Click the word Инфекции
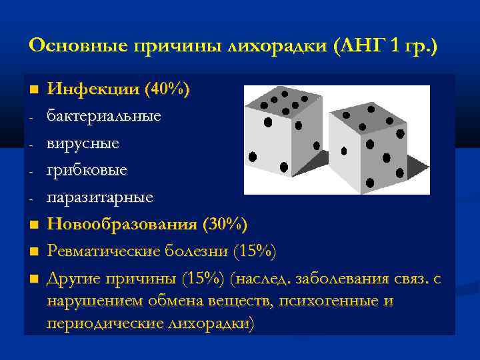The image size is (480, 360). point(89,89)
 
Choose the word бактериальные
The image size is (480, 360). point(103,116)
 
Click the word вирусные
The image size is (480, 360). point(83,143)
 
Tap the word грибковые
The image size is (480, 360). point(87,171)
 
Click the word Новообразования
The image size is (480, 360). point(121,225)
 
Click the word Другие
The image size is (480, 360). point(74,279)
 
